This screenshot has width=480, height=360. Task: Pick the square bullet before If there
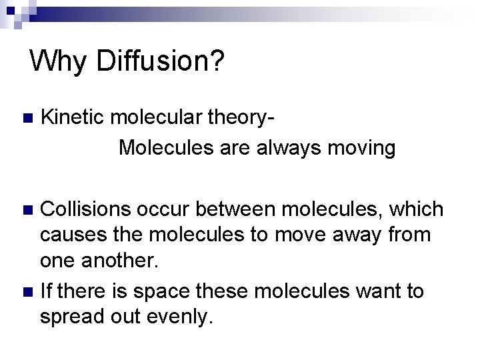click(26, 291)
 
